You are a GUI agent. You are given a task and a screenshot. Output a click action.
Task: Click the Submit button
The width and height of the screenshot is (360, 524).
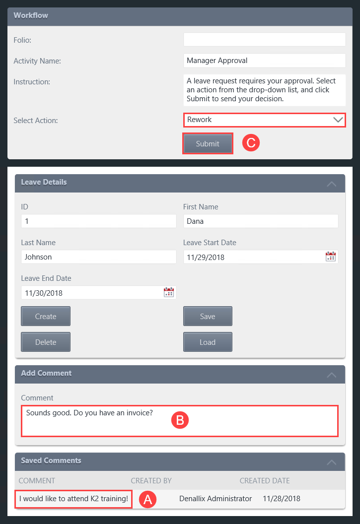point(208,144)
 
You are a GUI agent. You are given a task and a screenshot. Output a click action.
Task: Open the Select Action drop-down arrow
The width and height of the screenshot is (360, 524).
point(338,120)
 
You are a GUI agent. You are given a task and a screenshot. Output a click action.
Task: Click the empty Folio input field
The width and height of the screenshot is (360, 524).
point(264,40)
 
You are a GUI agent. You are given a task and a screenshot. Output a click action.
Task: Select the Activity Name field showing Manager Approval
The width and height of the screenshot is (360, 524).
point(264,61)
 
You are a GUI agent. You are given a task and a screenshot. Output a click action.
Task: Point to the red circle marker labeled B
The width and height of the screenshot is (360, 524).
point(180,420)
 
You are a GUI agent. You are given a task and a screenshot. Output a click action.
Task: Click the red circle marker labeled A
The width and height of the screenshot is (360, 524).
point(147,499)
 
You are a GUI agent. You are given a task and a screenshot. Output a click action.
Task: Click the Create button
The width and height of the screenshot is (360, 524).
point(46,317)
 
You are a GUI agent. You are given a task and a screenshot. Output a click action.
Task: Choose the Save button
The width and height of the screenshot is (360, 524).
point(208,317)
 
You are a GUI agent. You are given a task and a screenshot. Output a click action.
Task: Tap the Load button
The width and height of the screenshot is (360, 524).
point(208,342)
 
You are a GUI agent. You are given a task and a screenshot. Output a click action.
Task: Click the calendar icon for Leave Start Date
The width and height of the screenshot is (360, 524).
point(331,257)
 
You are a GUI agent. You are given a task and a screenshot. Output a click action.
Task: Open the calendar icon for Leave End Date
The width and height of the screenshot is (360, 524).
point(169,292)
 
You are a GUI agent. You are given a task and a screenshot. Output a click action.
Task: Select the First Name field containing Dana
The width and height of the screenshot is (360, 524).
point(260,221)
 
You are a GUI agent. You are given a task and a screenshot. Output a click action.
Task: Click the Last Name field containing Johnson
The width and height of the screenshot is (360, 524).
point(98,257)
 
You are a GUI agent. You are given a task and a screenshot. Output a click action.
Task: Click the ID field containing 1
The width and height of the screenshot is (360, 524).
point(98,221)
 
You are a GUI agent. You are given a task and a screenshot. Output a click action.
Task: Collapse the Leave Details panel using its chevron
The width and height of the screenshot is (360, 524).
point(331,184)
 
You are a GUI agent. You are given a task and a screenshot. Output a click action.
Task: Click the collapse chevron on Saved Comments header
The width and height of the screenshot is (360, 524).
point(331,462)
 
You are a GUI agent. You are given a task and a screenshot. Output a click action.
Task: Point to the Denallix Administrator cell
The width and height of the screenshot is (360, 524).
point(216,499)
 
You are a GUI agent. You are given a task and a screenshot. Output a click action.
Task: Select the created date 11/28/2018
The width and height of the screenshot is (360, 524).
point(282,499)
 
